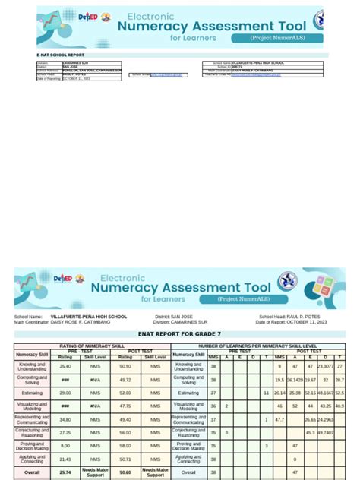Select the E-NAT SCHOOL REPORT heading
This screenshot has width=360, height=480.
(62, 55)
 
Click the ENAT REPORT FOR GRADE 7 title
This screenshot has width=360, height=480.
(179, 333)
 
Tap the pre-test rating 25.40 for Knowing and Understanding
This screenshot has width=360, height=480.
(65, 366)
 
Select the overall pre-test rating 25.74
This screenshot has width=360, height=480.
(65, 472)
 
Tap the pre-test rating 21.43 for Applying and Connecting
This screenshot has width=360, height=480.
(65, 459)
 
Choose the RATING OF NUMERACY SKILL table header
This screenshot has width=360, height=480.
(92, 346)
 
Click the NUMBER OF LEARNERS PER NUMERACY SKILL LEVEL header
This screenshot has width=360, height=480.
(258, 346)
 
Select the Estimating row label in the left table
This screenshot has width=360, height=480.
(33, 393)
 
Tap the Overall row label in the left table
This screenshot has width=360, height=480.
(33, 472)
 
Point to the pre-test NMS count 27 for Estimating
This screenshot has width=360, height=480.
(213, 393)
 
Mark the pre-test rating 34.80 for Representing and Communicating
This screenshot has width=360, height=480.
(65, 419)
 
